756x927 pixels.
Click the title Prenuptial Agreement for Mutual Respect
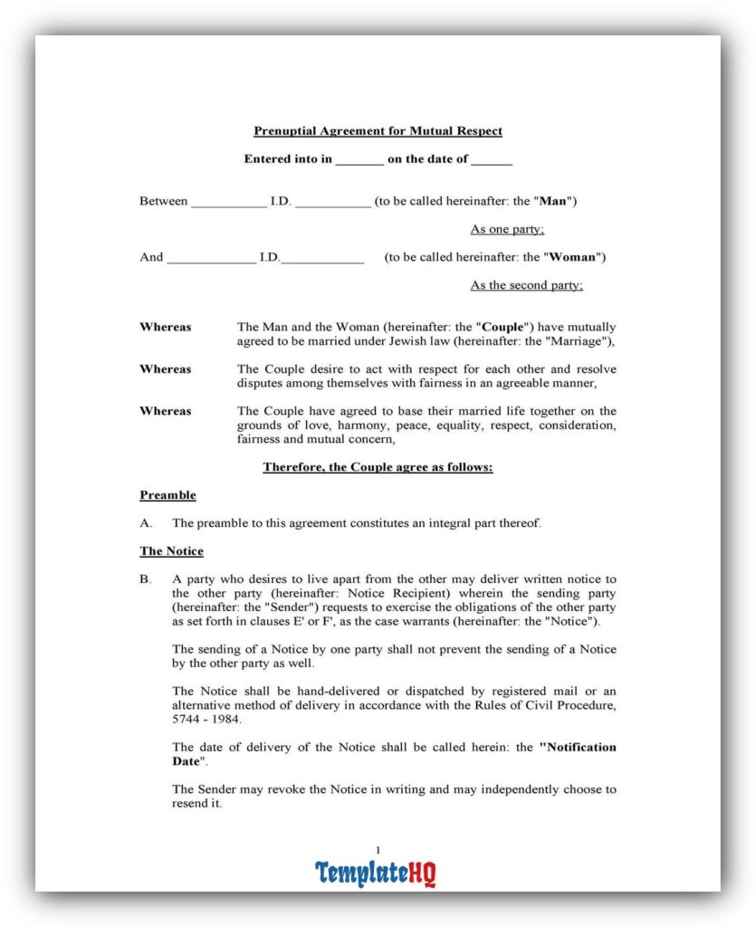[378, 131]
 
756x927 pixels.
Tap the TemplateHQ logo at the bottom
[376, 873]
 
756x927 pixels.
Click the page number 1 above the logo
[378, 849]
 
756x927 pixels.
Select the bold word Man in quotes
[553, 201]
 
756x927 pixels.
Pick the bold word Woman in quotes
[574, 257]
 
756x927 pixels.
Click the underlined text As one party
[507, 230]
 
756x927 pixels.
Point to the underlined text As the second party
[526, 285]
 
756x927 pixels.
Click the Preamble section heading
[167, 495]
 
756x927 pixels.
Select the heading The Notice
[171, 551]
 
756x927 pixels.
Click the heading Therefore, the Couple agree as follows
[378, 467]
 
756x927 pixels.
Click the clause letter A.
[145, 523]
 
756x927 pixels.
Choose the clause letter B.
[145, 579]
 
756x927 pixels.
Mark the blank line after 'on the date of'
[492, 160]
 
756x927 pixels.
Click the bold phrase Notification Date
[578, 748]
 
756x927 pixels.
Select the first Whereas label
[165, 327]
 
